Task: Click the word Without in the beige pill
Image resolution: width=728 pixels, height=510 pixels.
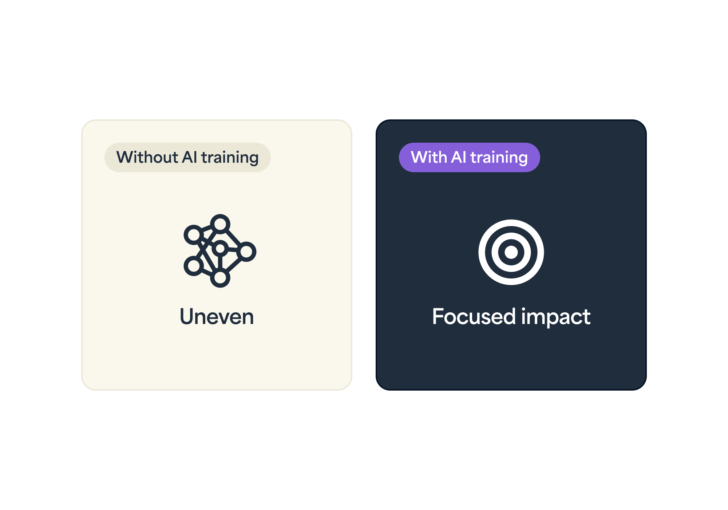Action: tap(147, 157)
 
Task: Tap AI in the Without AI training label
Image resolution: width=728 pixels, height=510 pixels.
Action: tap(189, 157)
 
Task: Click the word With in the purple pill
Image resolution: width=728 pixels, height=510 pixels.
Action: tap(429, 157)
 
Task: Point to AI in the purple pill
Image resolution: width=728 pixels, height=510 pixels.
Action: tap(458, 157)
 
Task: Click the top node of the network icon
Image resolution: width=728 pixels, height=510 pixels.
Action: tap(220, 224)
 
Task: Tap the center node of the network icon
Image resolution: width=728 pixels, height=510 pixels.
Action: tap(220, 249)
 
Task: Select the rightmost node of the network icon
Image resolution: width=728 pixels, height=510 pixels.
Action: tap(246, 252)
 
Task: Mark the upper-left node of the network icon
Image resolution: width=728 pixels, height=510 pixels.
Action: tap(194, 234)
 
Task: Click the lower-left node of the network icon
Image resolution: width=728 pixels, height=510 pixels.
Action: tap(194, 266)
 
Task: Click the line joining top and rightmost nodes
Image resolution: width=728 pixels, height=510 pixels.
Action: tap(233, 238)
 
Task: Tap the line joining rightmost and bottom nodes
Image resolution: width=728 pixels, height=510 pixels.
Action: tap(233, 265)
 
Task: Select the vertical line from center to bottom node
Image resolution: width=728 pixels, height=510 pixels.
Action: tap(220, 263)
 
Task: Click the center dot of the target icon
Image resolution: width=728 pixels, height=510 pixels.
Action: tap(511, 252)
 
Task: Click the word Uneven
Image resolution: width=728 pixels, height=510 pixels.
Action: tap(217, 316)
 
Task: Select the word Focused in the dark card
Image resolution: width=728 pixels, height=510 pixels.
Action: tap(474, 316)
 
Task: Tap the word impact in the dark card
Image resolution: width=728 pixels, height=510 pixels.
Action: tap(556, 317)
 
